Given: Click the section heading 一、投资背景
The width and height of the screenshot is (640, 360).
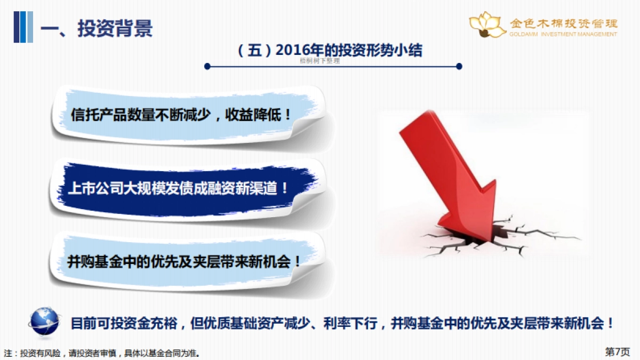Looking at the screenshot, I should coord(97,28).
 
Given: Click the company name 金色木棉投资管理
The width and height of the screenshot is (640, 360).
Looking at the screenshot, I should coord(564,23).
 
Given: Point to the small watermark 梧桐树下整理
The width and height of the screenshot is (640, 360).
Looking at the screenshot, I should coord(320,61).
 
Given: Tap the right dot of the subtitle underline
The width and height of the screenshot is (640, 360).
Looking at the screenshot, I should coord(459,67).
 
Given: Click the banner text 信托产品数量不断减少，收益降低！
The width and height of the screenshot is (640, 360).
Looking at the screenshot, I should coord(181,114).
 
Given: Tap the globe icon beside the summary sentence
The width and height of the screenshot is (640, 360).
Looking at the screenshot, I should coord(45,322).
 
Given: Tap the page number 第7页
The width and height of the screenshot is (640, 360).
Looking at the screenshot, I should coord(618,351).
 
